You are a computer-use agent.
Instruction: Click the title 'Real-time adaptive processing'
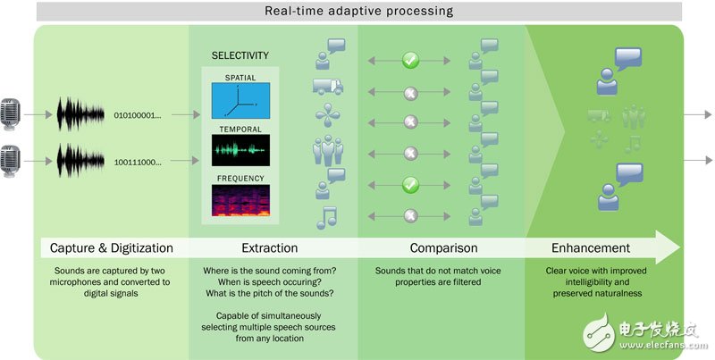coord(359,11)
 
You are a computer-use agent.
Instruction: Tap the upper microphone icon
coord(10,114)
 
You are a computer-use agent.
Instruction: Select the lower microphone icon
coord(10,161)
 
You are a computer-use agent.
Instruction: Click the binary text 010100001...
coord(138,115)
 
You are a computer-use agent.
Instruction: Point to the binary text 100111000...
coord(138,162)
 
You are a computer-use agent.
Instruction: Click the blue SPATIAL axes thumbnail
coord(240,101)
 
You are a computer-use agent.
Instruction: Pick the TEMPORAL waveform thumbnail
coord(240,150)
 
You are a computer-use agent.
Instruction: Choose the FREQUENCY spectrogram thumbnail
coord(240,200)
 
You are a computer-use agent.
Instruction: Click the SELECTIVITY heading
coord(240,55)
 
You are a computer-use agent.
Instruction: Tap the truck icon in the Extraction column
coord(328,87)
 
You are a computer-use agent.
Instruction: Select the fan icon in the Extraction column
coord(327,115)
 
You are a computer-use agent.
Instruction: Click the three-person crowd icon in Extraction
coord(327,151)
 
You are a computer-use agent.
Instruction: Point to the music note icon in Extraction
coord(326,217)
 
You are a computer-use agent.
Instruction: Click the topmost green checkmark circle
coord(410,61)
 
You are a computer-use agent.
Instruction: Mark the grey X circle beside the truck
coord(410,94)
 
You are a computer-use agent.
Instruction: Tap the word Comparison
coord(443,248)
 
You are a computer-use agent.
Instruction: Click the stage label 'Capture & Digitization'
coord(111,248)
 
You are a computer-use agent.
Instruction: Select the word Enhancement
coord(591,248)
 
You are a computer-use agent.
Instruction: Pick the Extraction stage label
coord(270,248)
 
